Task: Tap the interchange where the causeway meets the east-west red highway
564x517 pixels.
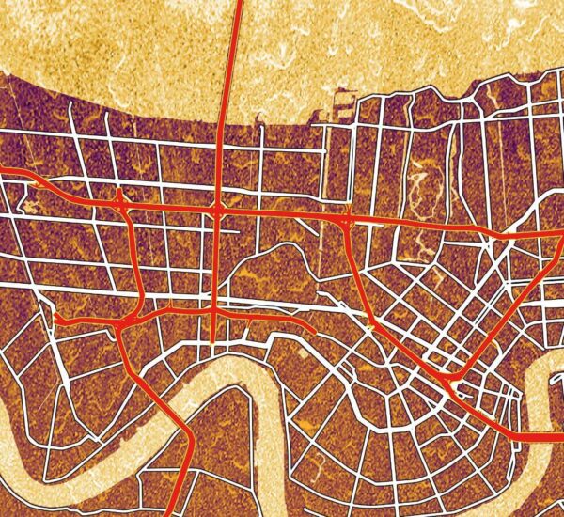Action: coord(217,211)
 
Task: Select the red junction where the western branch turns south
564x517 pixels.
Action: coord(120,202)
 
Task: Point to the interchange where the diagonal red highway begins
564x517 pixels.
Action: coord(345,220)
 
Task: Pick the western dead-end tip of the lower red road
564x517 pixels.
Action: coord(58,320)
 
